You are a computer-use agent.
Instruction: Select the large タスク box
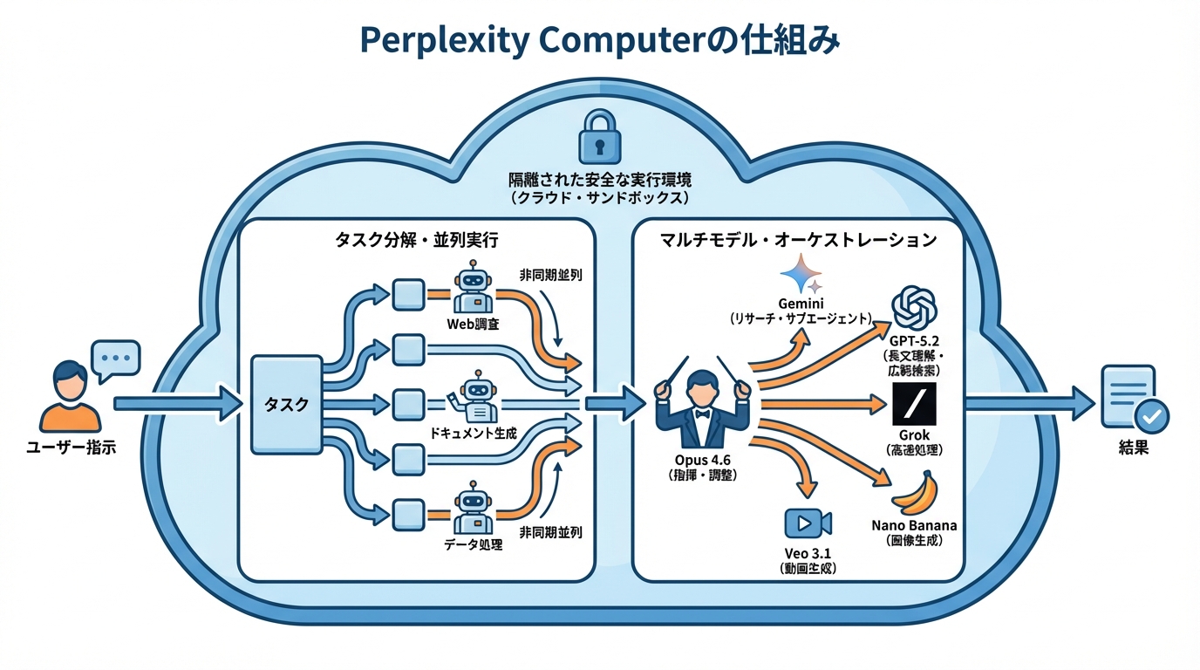coord(286,405)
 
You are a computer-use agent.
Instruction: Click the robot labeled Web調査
coord(474,291)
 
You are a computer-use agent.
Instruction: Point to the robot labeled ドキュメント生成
coord(474,399)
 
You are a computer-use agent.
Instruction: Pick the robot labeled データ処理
coord(474,510)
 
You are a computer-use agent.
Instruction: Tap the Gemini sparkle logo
coord(801,275)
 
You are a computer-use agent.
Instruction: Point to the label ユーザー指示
coord(71,448)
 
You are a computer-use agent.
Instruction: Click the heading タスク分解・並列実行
coord(417,239)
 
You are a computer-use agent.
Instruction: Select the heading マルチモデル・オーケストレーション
coord(799,239)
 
